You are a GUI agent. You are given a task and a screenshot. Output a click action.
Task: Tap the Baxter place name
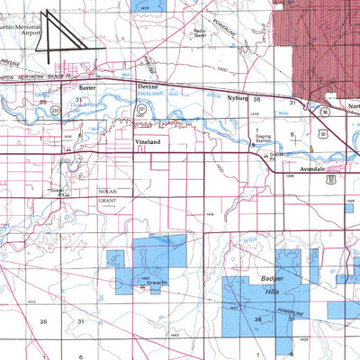pos(86,89)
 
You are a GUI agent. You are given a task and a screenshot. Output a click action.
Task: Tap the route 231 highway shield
pos(141,109)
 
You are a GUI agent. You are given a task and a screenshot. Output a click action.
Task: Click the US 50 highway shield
pos(332,179)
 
